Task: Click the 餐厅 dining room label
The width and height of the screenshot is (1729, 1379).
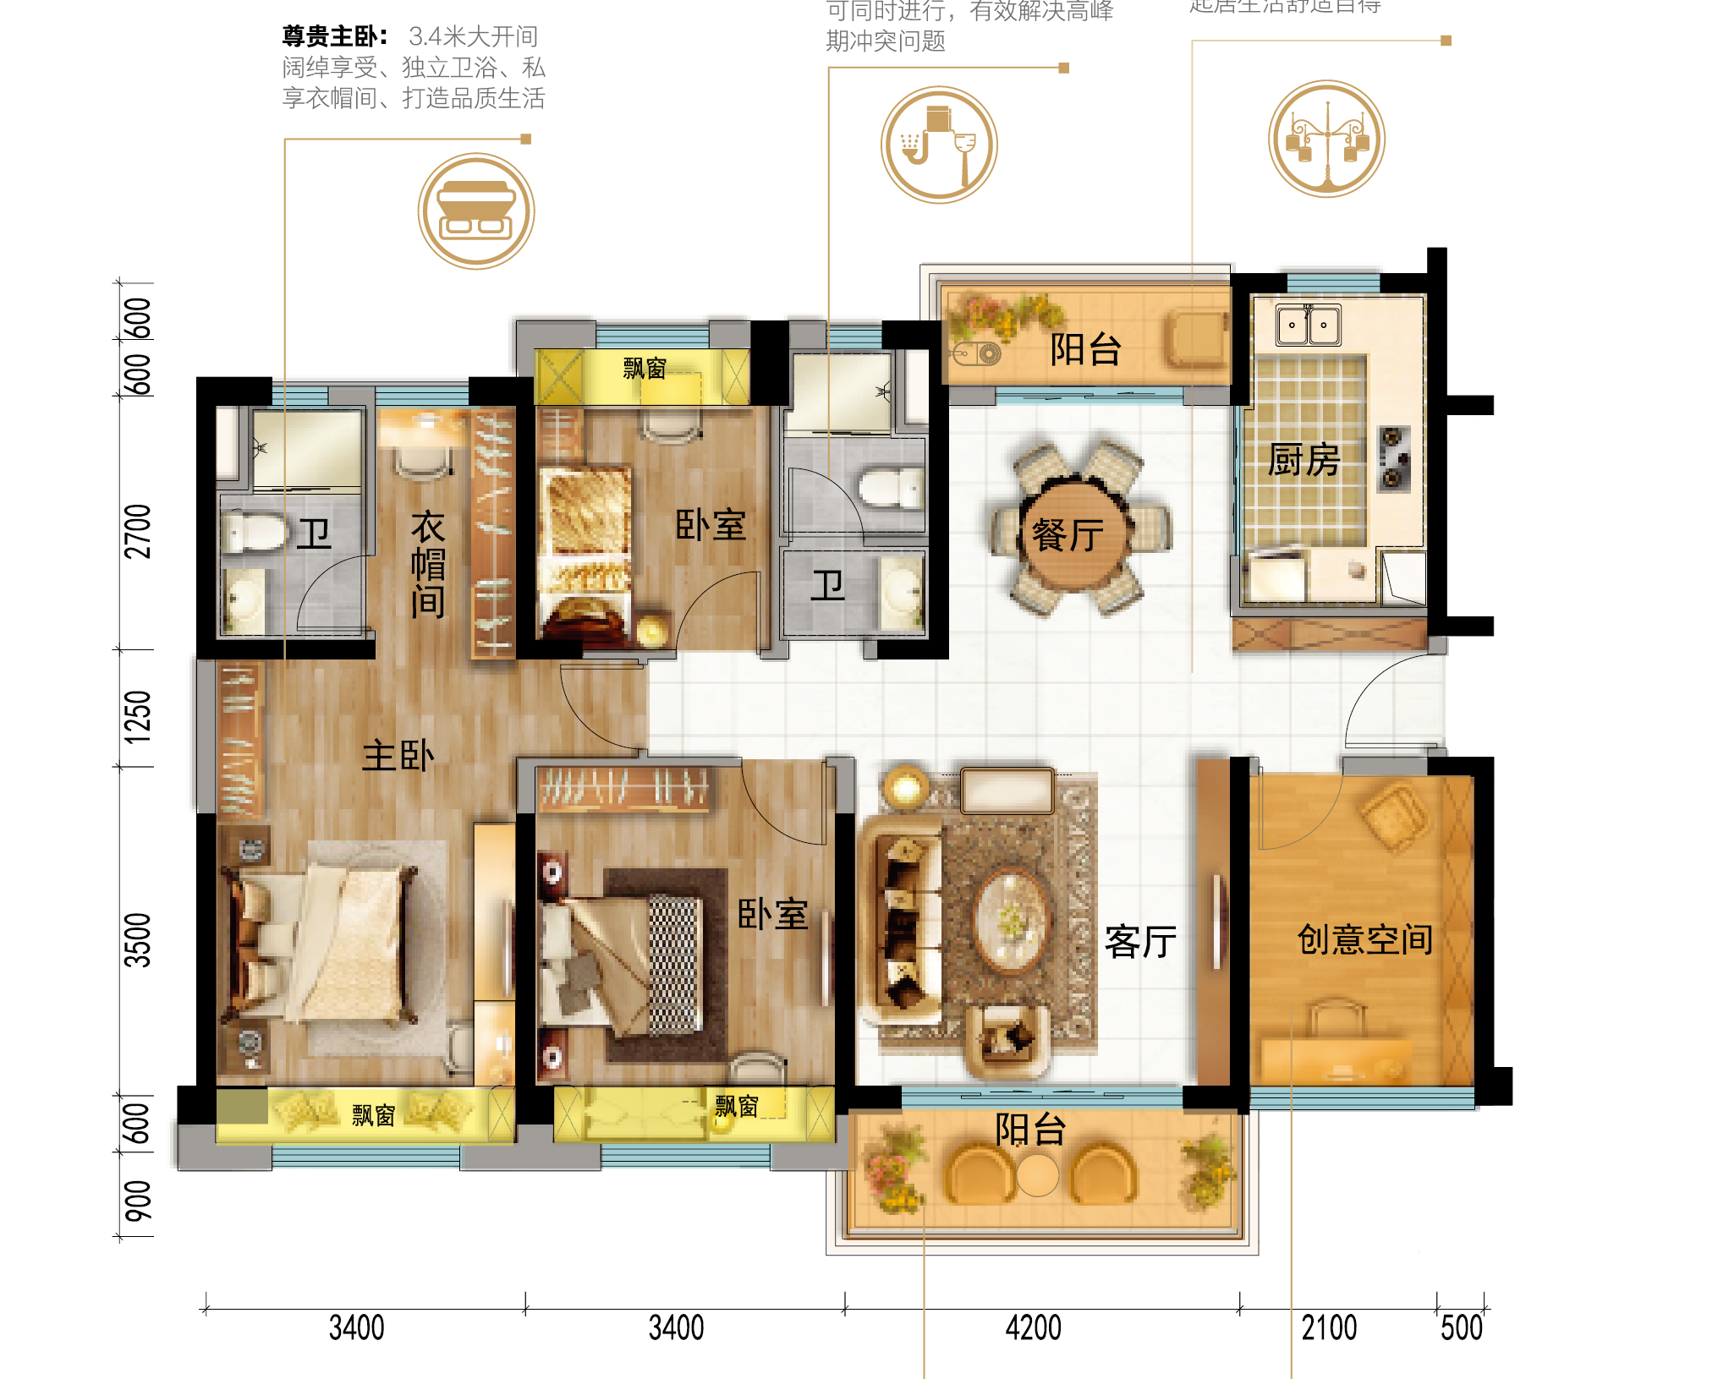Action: [x=1068, y=535]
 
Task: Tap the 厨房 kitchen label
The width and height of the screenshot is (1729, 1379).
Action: [x=1304, y=461]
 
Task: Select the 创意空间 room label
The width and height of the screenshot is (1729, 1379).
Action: [x=1364, y=939]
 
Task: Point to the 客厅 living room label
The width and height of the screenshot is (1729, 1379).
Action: [x=1140, y=941]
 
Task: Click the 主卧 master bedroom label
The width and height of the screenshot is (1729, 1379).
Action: [x=398, y=756]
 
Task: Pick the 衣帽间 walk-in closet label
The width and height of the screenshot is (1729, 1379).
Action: [x=428, y=564]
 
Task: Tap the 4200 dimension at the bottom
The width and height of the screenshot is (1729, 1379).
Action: [x=1033, y=1327]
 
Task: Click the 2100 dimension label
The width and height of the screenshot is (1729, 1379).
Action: [x=1329, y=1327]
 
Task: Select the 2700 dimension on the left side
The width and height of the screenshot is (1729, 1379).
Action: [x=138, y=531]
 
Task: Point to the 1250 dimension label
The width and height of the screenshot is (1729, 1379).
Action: [x=138, y=717]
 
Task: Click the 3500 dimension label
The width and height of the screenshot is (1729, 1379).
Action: [x=138, y=939]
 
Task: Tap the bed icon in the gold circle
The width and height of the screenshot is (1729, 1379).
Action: [x=476, y=211]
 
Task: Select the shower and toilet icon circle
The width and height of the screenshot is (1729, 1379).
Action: [x=939, y=145]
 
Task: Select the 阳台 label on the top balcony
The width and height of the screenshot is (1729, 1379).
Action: [x=1085, y=349]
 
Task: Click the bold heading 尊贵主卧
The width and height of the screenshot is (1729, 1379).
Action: [x=335, y=36]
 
